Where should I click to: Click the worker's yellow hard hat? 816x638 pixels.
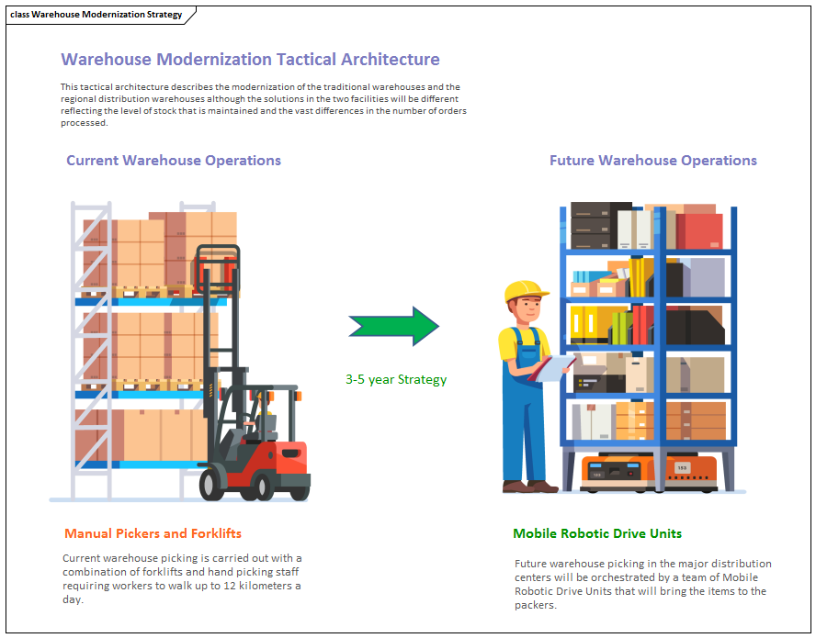coord(525,292)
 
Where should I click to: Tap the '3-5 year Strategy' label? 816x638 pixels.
coord(396,379)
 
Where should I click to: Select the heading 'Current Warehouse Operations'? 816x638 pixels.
coord(174,161)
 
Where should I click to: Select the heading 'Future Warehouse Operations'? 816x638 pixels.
coord(653,161)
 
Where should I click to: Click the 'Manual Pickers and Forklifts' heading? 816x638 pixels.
coord(153,533)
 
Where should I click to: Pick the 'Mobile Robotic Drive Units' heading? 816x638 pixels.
coord(597,533)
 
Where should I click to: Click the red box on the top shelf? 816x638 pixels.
coord(699,230)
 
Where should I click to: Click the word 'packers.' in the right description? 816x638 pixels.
coord(536,605)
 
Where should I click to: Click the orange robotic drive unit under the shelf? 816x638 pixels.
coord(648,471)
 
